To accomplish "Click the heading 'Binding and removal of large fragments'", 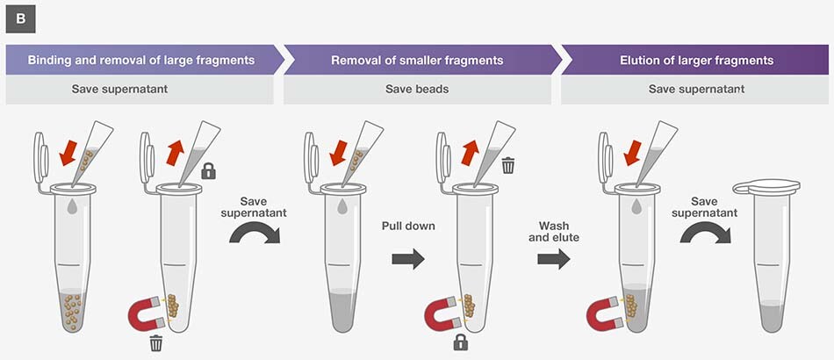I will pyautogui.click(x=141, y=61).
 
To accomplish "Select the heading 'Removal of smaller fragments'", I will pyautogui.click(x=417, y=61).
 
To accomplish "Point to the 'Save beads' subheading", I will pyautogui.click(x=417, y=89).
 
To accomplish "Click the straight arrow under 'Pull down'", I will pyautogui.click(x=407, y=259).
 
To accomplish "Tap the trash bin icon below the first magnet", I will pyautogui.click(x=155, y=342).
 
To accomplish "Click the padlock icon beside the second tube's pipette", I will pyautogui.click(x=209, y=170).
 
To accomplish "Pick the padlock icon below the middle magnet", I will pyautogui.click(x=460, y=342).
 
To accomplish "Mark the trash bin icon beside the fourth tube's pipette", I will pyautogui.click(x=507, y=164).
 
